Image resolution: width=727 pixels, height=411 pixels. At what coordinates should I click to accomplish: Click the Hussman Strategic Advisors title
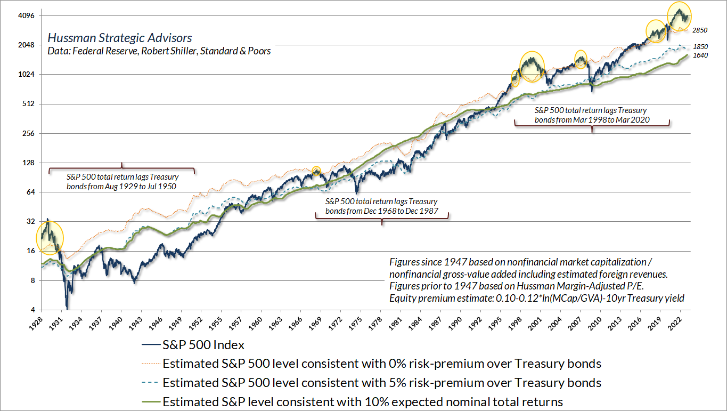pyautogui.click(x=120, y=38)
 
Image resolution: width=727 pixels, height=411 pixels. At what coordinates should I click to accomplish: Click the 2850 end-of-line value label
pyautogui.click(x=700, y=31)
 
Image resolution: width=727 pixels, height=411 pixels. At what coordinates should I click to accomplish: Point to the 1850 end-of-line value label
pyautogui.click(x=700, y=47)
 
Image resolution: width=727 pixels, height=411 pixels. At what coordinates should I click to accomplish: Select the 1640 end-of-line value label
pyautogui.click(x=700, y=55)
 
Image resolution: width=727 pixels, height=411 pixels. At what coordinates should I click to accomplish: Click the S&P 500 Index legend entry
pyautogui.click(x=203, y=345)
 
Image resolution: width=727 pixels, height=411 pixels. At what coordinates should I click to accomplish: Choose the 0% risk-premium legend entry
pyautogui.click(x=381, y=364)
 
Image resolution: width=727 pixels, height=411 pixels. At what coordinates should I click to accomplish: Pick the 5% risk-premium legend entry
pyautogui.click(x=381, y=382)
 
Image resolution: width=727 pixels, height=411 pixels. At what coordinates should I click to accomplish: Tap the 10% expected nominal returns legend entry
pyautogui.click(x=362, y=401)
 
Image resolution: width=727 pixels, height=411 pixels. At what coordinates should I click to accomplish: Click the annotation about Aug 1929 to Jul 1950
pyautogui.click(x=122, y=181)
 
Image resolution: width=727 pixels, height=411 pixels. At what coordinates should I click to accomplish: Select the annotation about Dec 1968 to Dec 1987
pyautogui.click(x=381, y=206)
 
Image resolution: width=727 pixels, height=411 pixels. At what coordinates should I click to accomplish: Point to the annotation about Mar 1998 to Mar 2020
pyautogui.click(x=592, y=115)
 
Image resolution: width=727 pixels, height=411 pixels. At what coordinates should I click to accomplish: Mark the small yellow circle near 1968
pyautogui.click(x=316, y=171)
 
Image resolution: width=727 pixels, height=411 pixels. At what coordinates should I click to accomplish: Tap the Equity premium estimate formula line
pyautogui.click(x=537, y=297)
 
